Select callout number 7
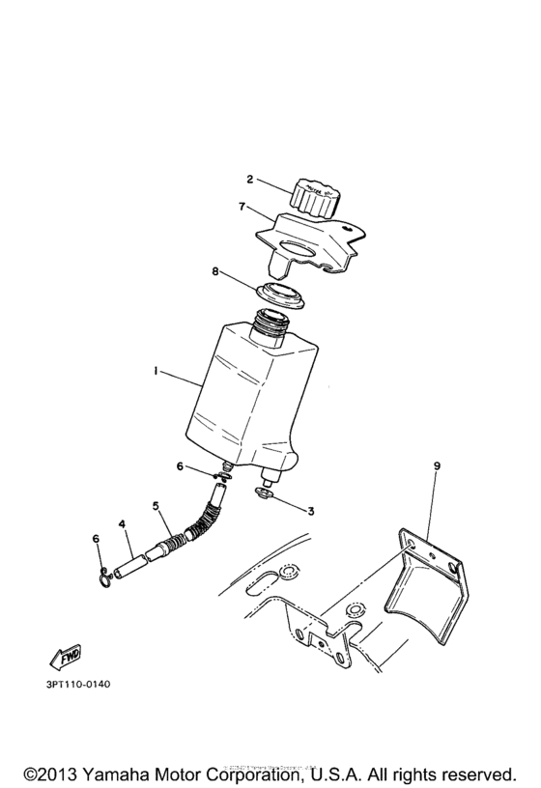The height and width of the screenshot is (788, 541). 243,207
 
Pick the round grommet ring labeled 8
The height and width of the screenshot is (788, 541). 279,295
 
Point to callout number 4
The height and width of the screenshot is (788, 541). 123,524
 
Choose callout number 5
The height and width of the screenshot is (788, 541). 154,504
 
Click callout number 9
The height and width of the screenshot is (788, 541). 437,466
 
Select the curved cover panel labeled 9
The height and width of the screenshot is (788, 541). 425,579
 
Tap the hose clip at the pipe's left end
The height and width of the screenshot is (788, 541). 105,577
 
